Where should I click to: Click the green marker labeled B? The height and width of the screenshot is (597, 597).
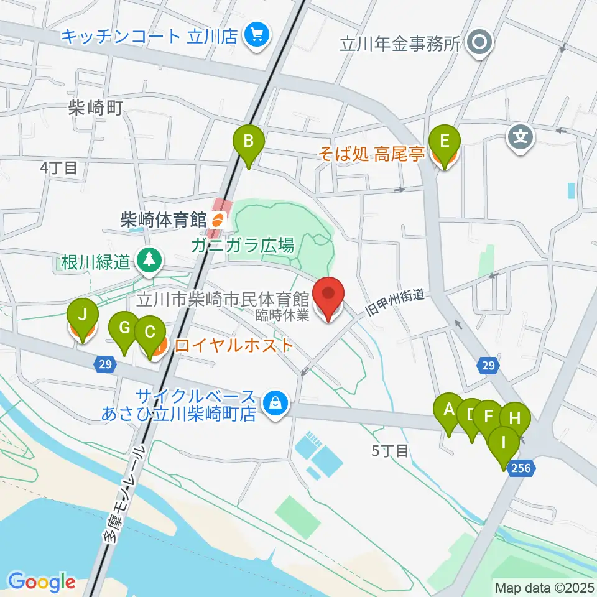coord(248,142)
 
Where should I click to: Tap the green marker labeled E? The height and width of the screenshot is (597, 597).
coord(445,142)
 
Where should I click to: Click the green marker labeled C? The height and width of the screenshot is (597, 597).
coord(150,332)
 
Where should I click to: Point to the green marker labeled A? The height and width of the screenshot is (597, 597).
coord(448,410)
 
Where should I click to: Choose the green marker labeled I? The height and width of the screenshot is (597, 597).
coord(503,444)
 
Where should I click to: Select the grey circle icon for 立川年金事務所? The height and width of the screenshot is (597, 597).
coord(481,43)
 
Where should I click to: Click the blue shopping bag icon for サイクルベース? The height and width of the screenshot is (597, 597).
coord(274,405)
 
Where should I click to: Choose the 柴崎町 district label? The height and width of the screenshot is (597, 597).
coord(95,109)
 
